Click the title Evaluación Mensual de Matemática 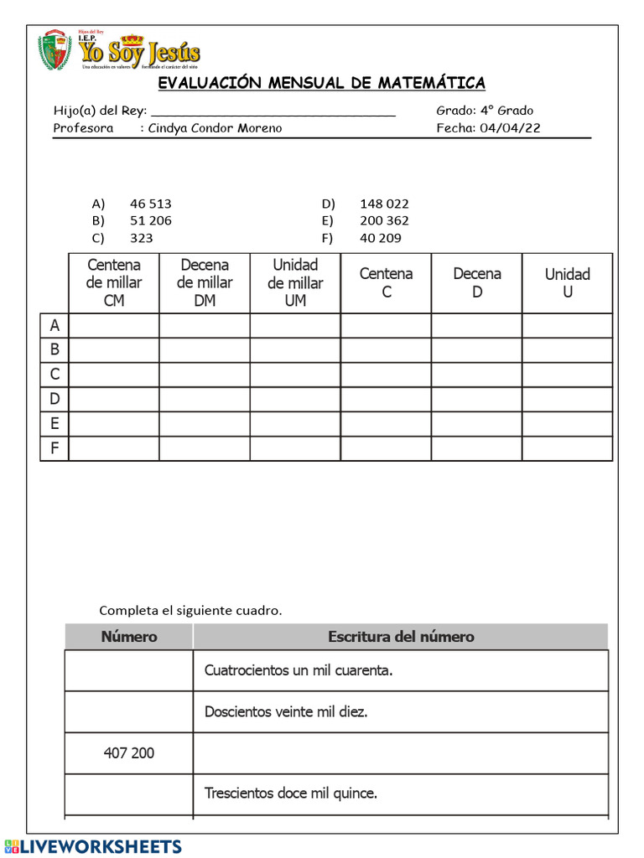tap(322, 82)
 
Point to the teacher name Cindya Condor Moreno tap(215, 128)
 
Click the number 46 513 tap(151, 204)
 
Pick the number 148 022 tap(384, 204)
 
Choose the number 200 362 tap(384, 220)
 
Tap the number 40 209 tap(381, 238)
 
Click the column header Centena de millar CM tap(114, 283)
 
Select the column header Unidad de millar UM tap(295, 283)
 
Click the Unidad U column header tap(568, 283)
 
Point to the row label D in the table tap(55, 399)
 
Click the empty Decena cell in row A tap(476, 325)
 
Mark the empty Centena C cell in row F tap(386, 448)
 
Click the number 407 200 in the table tap(129, 753)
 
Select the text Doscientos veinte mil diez tap(286, 712)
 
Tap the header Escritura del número tap(401, 637)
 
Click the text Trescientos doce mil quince tap(291, 793)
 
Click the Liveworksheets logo tap(92, 846)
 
